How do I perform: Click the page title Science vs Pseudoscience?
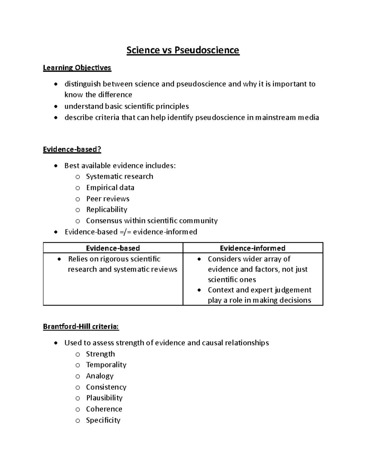coord(183,50)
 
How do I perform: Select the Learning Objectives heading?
coord(77,68)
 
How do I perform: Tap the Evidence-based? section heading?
coord(72,149)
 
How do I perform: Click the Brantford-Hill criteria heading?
coord(81,327)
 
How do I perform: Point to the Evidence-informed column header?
coord(253,248)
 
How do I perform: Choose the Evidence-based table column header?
coord(113,248)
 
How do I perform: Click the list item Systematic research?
coord(120,177)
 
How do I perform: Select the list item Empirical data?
coord(110,188)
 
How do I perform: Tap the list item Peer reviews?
coord(108,199)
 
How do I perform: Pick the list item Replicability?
coord(106,210)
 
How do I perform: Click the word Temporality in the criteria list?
coord(106,365)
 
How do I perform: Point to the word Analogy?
coord(100,376)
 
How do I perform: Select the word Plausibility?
coord(104,398)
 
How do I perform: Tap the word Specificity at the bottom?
coord(103,420)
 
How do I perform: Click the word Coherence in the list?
coord(104,409)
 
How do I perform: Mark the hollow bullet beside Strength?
coord(78,354)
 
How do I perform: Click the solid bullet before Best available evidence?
coord(55,166)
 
